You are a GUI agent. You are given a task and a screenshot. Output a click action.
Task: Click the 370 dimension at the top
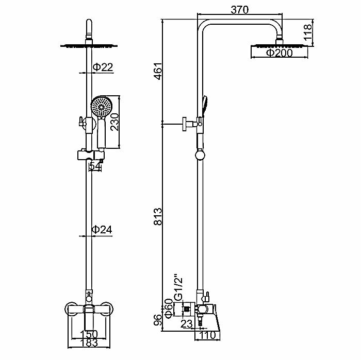pos(240,10)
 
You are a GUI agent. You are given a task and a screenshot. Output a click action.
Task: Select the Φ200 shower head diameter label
pos(279,53)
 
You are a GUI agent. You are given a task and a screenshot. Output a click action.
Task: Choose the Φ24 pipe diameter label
pos(103,229)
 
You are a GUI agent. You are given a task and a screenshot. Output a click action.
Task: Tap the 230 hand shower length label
pos(114,122)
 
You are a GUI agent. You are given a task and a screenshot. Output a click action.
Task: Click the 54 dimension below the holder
pos(94,166)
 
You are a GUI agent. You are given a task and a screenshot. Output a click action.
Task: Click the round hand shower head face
pos(101,107)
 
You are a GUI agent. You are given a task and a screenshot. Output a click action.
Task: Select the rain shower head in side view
pos(279,46)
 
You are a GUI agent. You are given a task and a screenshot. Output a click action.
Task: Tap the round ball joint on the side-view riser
pos(201,154)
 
